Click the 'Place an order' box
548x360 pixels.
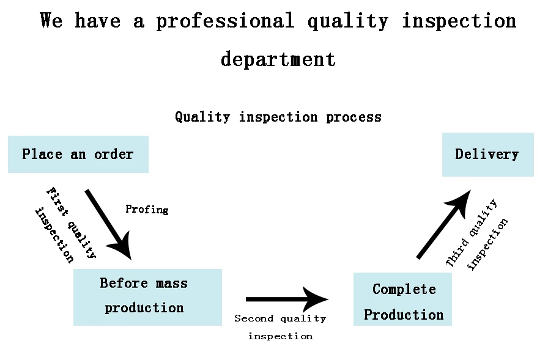(x=78, y=154)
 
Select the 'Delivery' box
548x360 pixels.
(x=487, y=154)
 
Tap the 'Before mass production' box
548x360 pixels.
(x=147, y=297)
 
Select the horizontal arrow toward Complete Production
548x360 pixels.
(x=286, y=299)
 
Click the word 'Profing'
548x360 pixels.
(x=147, y=210)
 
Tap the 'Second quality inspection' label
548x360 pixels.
(x=280, y=327)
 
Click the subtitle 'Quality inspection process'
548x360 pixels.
(x=278, y=117)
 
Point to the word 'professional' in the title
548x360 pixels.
(x=225, y=21)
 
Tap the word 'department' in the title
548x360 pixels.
(x=278, y=59)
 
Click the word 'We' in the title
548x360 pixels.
(x=51, y=21)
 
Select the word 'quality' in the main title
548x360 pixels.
(x=347, y=21)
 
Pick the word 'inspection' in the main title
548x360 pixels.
(x=459, y=21)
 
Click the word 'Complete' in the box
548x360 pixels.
(x=404, y=289)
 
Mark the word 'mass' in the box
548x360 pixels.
(x=172, y=284)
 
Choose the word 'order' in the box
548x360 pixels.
(x=114, y=154)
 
